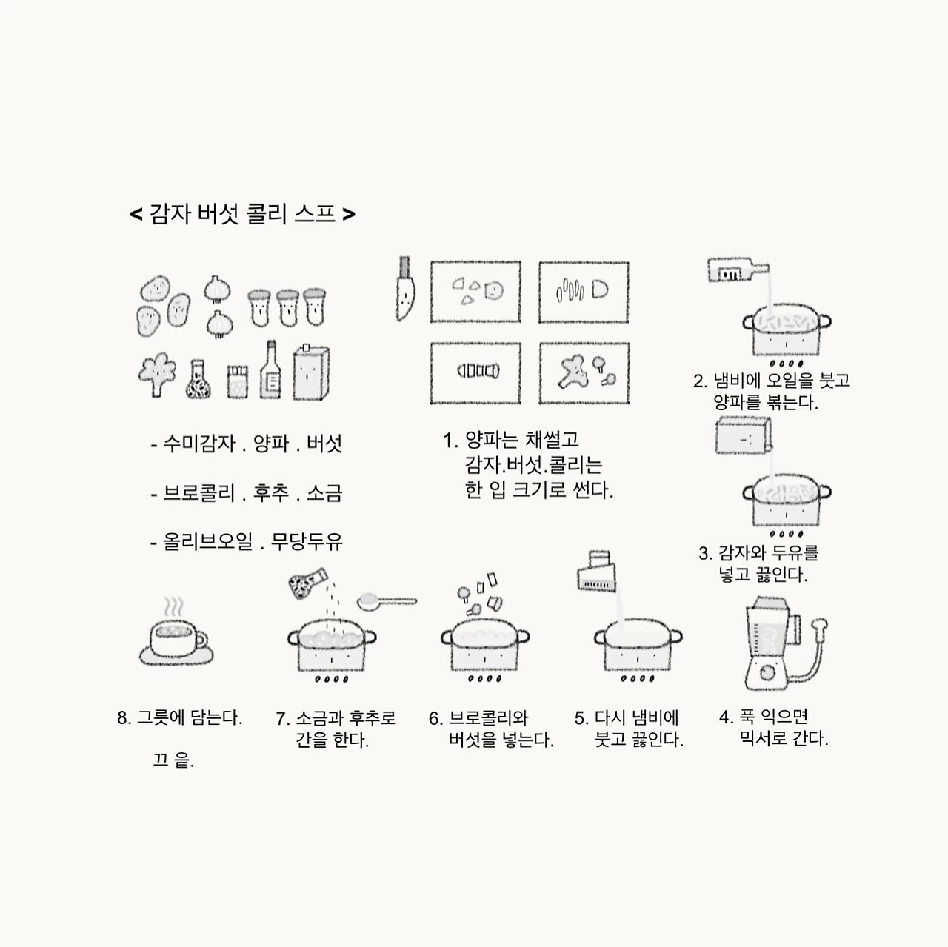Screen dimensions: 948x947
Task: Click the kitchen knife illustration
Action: (x=405, y=289)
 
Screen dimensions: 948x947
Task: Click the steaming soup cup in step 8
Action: (x=176, y=633)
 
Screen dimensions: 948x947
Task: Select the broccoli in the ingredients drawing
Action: (x=157, y=374)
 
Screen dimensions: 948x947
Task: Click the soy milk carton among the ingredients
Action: (x=311, y=372)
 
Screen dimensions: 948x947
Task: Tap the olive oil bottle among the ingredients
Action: (x=270, y=370)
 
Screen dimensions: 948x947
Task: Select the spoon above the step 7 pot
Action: (x=387, y=602)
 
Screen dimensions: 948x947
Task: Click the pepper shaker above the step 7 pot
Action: (x=307, y=583)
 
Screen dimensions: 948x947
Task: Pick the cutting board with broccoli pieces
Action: (x=584, y=373)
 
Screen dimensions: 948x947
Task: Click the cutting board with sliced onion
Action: (x=584, y=292)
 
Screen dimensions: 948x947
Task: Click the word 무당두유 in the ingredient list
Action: (x=307, y=542)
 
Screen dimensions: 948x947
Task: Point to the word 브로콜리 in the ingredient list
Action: (x=198, y=493)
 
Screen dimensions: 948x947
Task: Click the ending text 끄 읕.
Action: (x=173, y=760)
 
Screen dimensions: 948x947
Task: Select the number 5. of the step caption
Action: (x=581, y=718)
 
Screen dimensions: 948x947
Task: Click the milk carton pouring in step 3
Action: (x=744, y=435)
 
